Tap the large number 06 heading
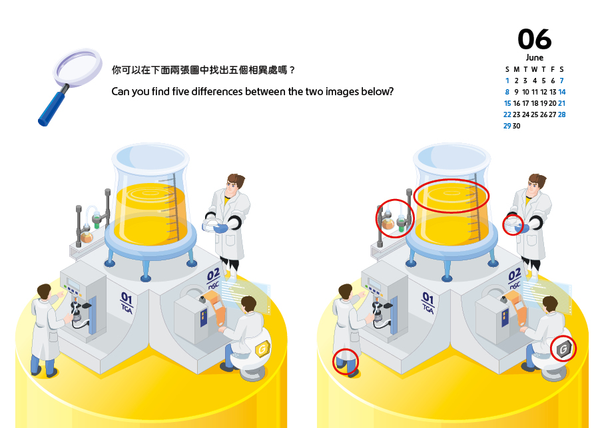tap(534, 39)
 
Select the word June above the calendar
tap(535, 58)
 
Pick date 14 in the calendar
tap(562, 92)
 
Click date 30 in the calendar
tap(516, 126)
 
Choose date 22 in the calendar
tap(507, 114)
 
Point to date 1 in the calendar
tap(507, 81)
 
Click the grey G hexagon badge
tap(563, 349)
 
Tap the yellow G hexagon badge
tap(262, 349)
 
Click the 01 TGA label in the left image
tap(127, 302)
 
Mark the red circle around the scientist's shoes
tap(346, 361)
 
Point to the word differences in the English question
tap(216, 92)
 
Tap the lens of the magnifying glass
tap(78, 65)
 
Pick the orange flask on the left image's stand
tap(87, 236)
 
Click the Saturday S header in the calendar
tap(561, 70)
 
